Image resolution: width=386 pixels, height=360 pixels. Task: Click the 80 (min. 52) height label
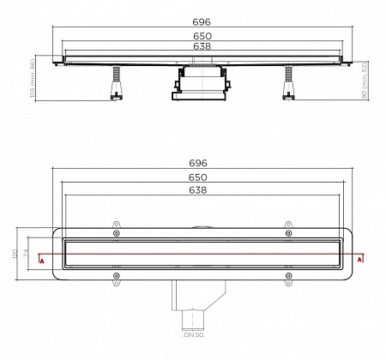[365, 79]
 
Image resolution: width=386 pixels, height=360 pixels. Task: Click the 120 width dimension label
[15, 255]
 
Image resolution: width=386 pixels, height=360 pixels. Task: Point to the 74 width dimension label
[27, 255]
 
